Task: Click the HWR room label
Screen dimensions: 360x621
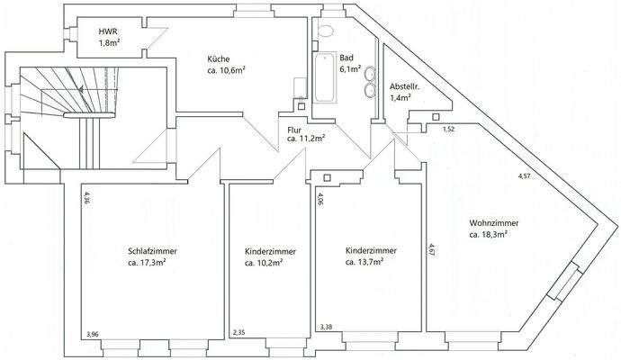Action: tap(108, 31)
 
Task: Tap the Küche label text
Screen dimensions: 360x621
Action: tap(217, 59)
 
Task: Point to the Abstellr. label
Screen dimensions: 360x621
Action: tap(400, 87)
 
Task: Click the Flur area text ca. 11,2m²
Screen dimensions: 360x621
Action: tap(305, 139)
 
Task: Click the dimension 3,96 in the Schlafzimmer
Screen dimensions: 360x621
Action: tap(93, 335)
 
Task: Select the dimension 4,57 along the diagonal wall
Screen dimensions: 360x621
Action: tap(524, 176)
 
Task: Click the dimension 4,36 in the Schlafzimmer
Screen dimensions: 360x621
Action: tap(86, 198)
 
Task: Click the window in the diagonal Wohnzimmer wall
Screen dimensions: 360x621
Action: tap(568, 283)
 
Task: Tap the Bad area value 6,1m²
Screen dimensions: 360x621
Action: tap(350, 67)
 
